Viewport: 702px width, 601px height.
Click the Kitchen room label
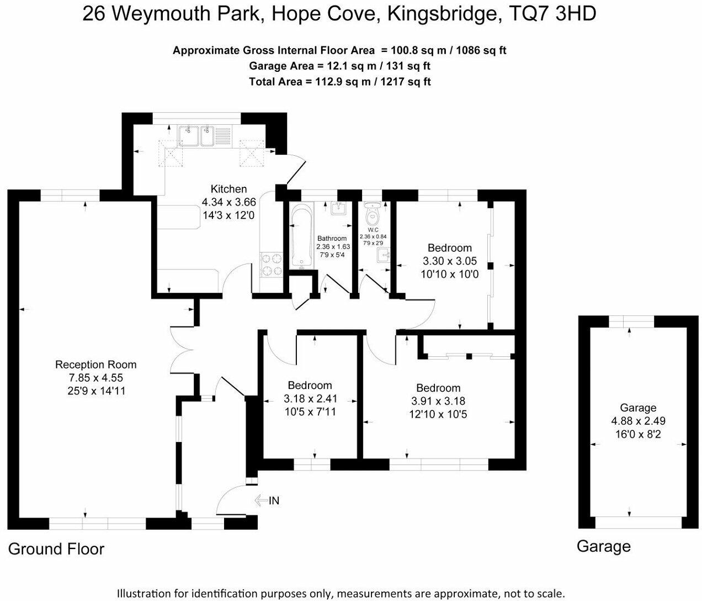[x=228, y=189]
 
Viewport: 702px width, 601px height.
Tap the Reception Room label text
[x=95, y=365]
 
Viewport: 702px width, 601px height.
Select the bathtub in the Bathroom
[x=301, y=236]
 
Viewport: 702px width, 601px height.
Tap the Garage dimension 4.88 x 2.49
[x=637, y=421]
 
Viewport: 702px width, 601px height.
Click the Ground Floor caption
[x=56, y=549]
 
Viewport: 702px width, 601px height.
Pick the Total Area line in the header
[x=339, y=82]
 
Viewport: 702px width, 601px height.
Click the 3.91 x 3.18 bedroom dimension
[x=438, y=401]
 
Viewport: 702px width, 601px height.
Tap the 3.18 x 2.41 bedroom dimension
[x=310, y=398]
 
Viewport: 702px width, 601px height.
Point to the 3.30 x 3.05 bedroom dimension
[x=450, y=261]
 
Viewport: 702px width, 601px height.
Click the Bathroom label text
[x=332, y=238]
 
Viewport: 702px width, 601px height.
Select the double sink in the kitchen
[x=197, y=135]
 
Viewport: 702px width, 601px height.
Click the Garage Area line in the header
[x=339, y=66]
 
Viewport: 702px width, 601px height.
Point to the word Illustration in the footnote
[x=146, y=593]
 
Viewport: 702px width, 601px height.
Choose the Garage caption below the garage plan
[x=603, y=546]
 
